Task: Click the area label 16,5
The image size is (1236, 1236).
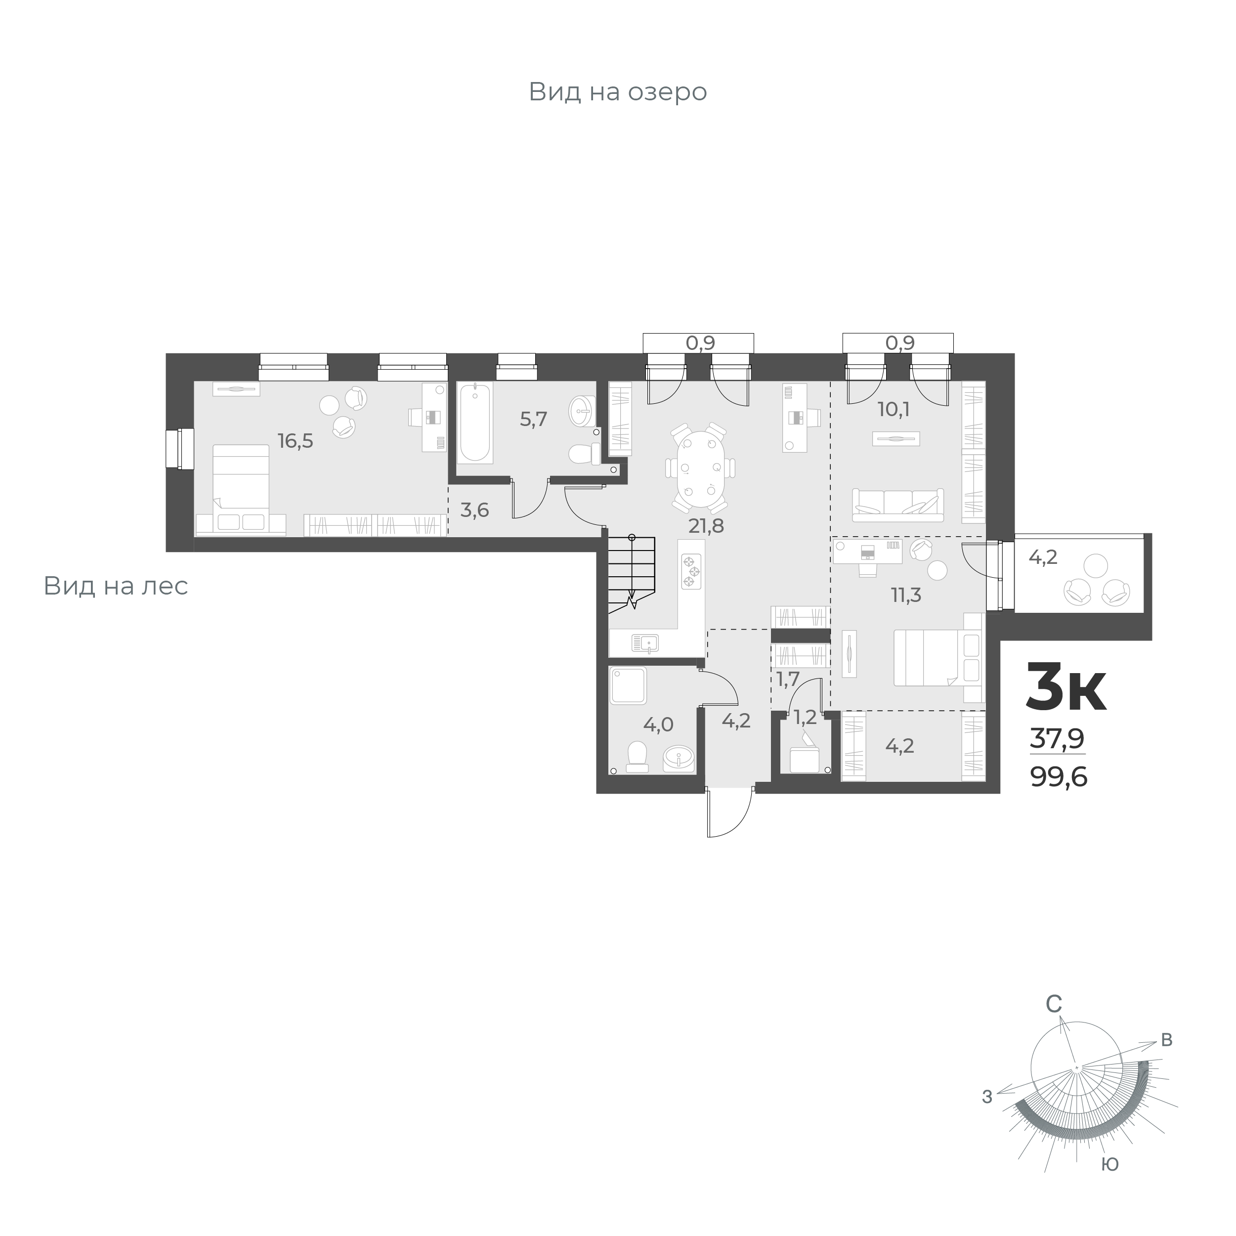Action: tap(296, 441)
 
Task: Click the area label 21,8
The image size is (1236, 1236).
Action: tap(706, 526)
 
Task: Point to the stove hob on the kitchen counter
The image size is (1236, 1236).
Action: tap(691, 572)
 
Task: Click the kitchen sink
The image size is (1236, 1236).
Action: tap(645, 642)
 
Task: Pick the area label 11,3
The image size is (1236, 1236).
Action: tap(906, 596)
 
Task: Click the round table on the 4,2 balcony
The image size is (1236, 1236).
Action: tap(1096, 565)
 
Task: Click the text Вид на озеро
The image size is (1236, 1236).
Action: tap(617, 92)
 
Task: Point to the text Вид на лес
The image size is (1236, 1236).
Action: tap(116, 586)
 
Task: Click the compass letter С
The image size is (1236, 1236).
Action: tap(1054, 1023)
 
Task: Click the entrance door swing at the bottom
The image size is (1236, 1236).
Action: tap(730, 812)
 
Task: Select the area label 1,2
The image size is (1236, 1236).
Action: tap(805, 718)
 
